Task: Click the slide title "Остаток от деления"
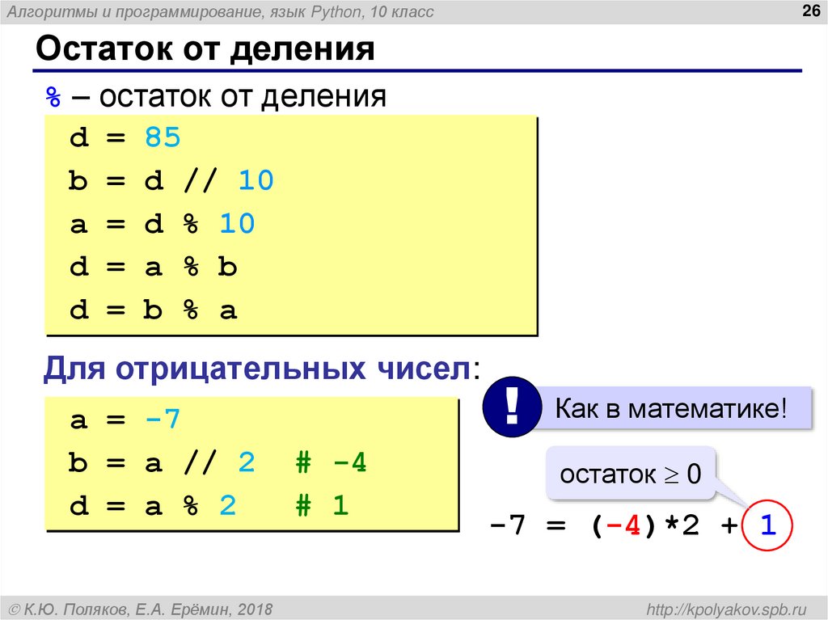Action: pos(205,50)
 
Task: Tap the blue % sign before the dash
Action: pos(53,97)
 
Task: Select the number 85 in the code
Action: pos(163,138)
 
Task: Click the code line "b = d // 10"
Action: pos(171,181)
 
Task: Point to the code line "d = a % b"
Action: pos(153,268)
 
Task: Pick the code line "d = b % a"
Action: pos(153,310)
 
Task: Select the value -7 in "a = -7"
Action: pos(163,420)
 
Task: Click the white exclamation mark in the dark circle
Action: pos(511,406)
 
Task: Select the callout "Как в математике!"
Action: pos(670,408)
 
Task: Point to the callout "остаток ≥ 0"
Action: pos(630,474)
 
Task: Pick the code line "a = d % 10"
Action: pos(162,224)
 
